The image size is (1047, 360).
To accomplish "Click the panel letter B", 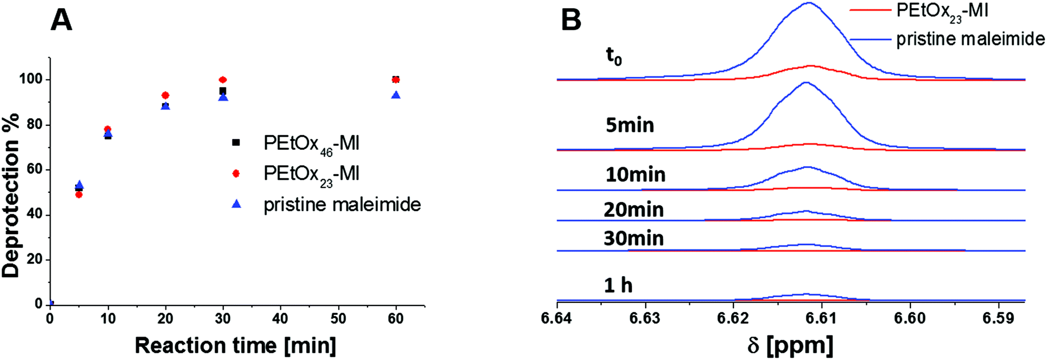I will point(571,21).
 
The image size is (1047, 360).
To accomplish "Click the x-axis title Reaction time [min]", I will point(235,345).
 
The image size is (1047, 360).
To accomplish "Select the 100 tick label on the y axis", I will point(30,80).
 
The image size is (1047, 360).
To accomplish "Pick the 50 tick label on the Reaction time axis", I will point(338,319).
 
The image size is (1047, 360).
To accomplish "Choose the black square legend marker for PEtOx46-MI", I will point(236,143).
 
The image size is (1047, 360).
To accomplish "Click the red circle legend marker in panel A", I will point(236,173).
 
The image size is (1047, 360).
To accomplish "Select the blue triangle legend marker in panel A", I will point(236,204).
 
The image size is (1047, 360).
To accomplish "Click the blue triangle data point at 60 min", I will point(396,95).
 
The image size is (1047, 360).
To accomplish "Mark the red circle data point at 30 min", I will point(223,80).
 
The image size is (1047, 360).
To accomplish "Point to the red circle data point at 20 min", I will point(166,95).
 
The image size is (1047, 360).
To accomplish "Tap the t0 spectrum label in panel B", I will point(614,56).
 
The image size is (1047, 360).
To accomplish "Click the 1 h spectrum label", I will point(618,285).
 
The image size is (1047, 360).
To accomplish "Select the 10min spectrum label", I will point(635,175).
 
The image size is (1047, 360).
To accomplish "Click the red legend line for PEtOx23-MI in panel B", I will point(870,11).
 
